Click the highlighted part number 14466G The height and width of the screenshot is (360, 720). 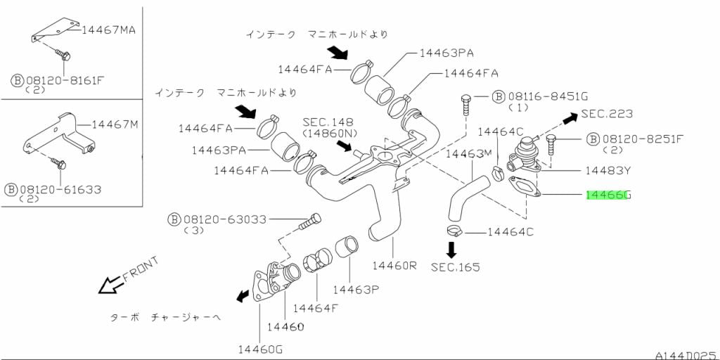pos(608,195)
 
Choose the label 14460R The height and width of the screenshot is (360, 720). pos(394,266)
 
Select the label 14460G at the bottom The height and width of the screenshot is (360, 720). pos(259,349)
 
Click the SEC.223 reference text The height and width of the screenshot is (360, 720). pos(607,114)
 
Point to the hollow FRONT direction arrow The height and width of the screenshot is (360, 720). pos(110,284)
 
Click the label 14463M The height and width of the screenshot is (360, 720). pos(469,153)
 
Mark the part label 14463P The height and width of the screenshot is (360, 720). pos(356,289)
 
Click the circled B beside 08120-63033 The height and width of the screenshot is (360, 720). pos(174,219)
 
